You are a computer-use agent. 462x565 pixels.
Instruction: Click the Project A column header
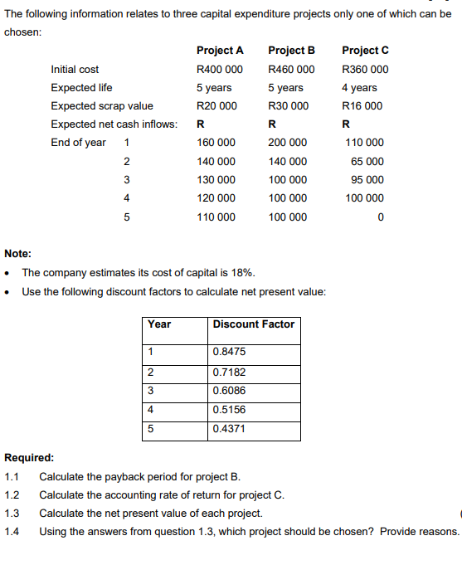pos(220,51)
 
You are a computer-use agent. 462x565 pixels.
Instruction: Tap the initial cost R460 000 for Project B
pos(291,70)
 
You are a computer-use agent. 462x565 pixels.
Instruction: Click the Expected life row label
pos(81,88)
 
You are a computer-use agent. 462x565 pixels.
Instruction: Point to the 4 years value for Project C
pos(359,88)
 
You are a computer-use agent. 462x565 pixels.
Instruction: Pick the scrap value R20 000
pos(216,106)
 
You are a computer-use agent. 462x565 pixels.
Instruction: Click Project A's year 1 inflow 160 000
pos(216,143)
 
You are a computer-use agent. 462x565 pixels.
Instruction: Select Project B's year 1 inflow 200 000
pos(288,143)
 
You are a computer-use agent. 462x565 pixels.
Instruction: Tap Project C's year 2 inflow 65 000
pos(367,162)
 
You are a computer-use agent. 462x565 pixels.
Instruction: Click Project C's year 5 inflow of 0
pos(380,217)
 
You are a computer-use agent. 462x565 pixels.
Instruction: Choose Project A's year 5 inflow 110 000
pos(216,217)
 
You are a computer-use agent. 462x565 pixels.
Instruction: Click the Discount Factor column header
pos(254,324)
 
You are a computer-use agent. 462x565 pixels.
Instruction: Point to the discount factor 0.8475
pos(229,352)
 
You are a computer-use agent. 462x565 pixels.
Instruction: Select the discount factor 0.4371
pos(229,429)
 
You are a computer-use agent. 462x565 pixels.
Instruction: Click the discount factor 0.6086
pos(229,390)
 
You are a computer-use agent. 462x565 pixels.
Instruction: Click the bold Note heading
pos(18,254)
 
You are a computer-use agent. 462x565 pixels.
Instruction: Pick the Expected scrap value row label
pos(101,106)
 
